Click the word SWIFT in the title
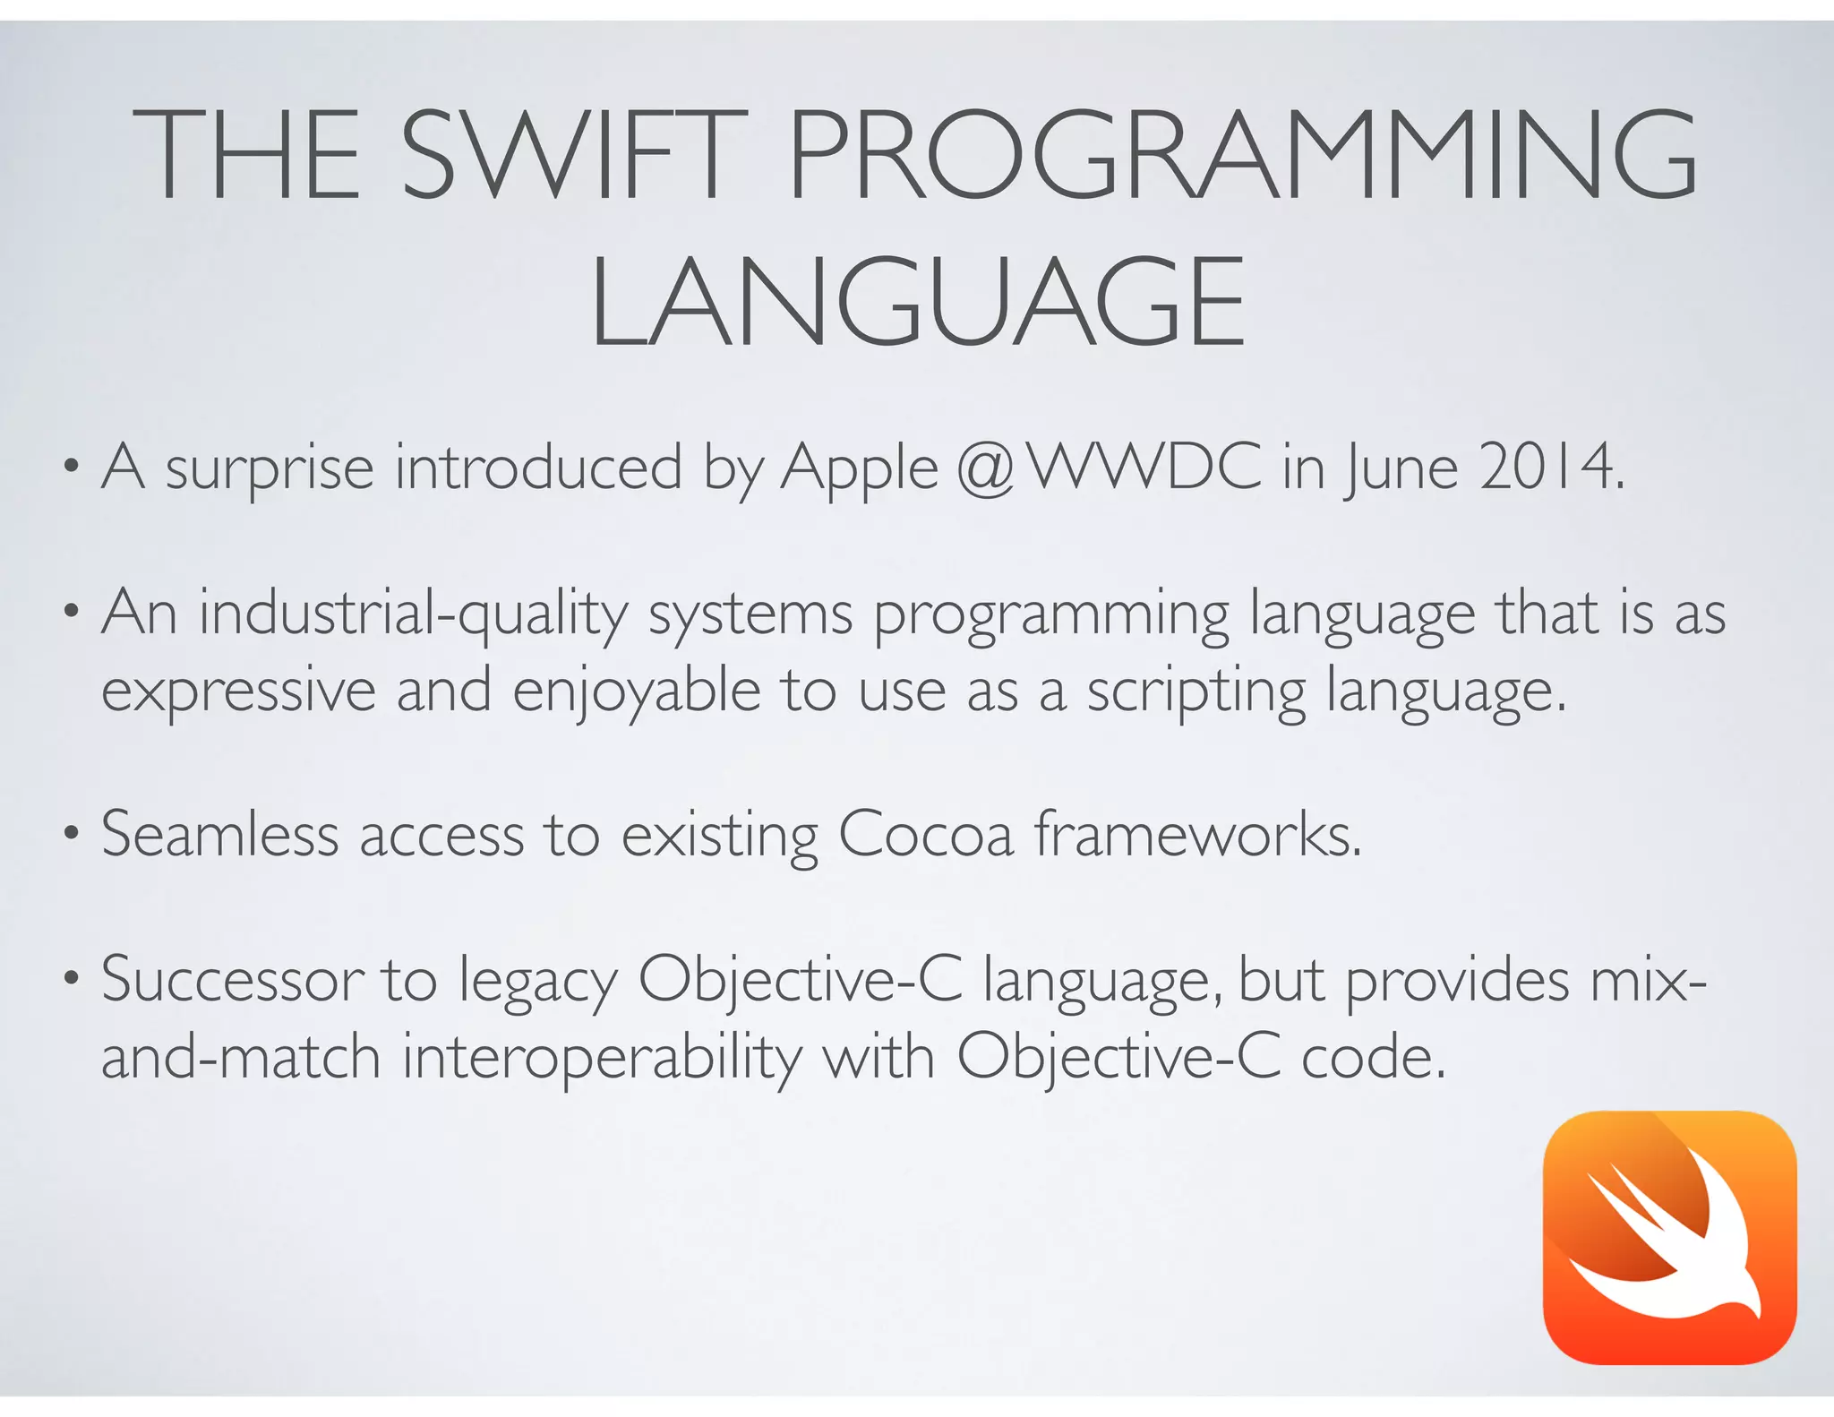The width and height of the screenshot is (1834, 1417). (x=573, y=154)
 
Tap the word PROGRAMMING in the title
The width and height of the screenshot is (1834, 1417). (x=1242, y=154)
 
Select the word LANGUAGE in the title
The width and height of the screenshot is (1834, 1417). (x=917, y=302)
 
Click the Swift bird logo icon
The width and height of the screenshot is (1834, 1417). (x=1669, y=1237)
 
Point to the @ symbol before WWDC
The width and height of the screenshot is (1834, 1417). (x=984, y=468)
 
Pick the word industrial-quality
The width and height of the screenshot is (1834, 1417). (x=413, y=615)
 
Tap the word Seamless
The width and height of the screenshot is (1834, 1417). (x=219, y=835)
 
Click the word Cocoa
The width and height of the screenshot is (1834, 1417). (x=926, y=835)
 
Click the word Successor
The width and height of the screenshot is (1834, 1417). (x=232, y=980)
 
